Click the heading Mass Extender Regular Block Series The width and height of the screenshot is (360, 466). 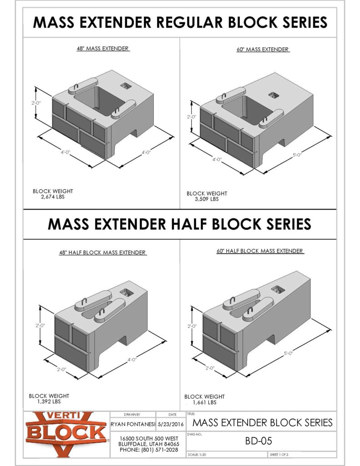180,22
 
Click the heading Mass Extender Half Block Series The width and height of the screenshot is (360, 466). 180,224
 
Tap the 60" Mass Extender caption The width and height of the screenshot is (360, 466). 264,49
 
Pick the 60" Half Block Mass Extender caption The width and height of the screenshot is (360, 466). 260,251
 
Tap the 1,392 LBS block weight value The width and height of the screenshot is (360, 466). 49,402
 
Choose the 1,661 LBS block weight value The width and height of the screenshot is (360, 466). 204,402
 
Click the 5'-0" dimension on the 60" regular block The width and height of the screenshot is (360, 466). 298,155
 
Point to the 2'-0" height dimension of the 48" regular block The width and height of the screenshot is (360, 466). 37,103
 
